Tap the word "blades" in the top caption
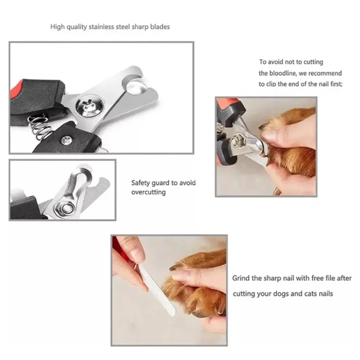click(160, 27)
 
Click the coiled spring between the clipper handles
click(40, 127)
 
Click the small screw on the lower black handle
click(67, 140)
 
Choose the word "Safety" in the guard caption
click(140, 183)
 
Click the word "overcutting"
click(148, 192)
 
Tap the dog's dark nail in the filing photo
click(174, 267)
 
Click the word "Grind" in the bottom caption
click(241, 278)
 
